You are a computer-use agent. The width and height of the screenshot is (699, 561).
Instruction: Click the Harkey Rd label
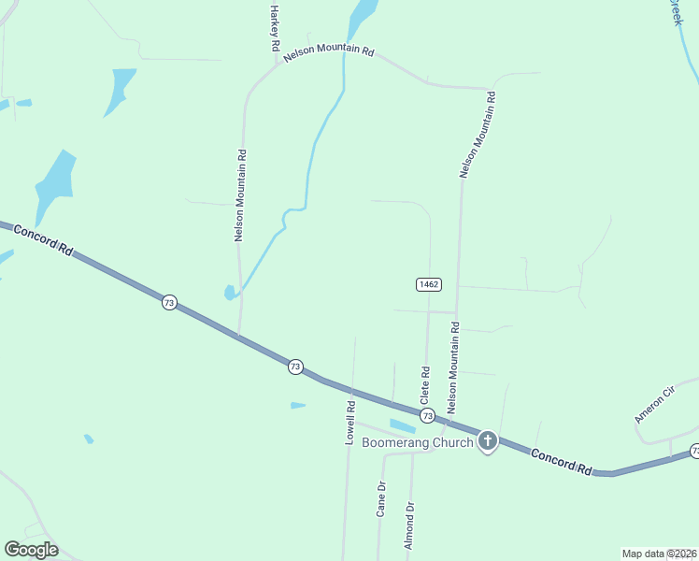click(275, 28)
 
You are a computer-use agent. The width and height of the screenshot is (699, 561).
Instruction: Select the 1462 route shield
click(428, 283)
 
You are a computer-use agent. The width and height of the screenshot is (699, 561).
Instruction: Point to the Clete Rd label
click(425, 384)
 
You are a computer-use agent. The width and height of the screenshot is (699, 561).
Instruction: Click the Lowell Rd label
click(350, 423)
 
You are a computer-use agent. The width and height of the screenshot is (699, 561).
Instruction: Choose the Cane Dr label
click(380, 499)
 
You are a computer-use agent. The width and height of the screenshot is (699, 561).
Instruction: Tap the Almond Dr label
click(409, 529)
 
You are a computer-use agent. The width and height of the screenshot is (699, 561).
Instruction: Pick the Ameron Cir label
click(654, 404)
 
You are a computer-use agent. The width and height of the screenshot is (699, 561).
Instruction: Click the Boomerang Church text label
click(417, 442)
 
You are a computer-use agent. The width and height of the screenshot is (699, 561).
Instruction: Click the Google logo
click(31, 549)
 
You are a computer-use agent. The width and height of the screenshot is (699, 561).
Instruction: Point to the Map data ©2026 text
click(660, 554)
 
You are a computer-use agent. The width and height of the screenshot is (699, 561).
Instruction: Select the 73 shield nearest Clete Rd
click(427, 414)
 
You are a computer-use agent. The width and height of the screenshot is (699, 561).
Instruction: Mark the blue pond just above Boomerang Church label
click(402, 425)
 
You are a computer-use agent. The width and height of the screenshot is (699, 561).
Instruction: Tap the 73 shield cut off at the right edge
click(695, 452)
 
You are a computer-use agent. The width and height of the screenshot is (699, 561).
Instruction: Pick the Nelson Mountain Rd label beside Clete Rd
click(454, 367)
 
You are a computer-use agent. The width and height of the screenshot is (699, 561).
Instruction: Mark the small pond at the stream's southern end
click(229, 293)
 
